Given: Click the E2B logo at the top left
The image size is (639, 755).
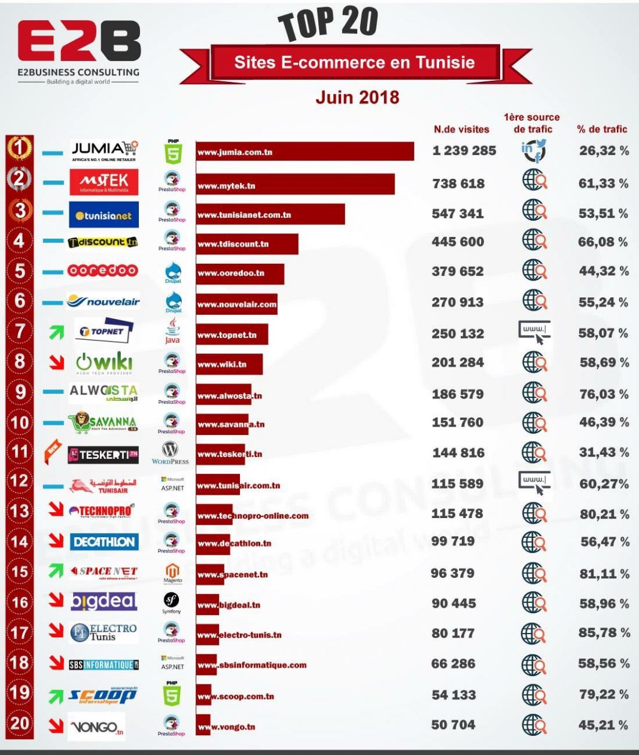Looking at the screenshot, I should click(x=78, y=51).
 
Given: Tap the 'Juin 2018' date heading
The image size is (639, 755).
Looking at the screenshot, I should click(x=357, y=97).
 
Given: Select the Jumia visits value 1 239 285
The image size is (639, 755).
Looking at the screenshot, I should click(x=464, y=151).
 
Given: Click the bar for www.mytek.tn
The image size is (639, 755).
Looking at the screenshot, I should click(x=296, y=185).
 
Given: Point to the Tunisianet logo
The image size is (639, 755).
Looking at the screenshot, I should click(x=104, y=215).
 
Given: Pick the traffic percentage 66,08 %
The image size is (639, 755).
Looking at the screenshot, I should click(x=603, y=242).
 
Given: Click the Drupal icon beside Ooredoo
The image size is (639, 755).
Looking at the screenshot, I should click(x=173, y=272).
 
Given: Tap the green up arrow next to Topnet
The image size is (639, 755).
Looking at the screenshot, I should click(x=56, y=331).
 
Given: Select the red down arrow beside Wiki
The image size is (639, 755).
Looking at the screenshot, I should click(x=57, y=361).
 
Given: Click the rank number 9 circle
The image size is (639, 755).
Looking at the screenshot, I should click(x=20, y=392).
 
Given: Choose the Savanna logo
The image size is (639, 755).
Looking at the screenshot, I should click(x=103, y=422).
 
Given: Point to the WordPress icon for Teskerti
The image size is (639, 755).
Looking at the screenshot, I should click(x=171, y=452).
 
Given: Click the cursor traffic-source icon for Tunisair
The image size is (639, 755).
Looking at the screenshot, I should click(x=534, y=483).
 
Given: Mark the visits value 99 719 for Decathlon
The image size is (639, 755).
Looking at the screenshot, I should click(x=453, y=541).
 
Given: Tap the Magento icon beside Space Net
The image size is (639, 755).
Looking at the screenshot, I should click(x=172, y=573).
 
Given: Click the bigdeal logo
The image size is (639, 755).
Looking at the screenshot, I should click(x=104, y=601).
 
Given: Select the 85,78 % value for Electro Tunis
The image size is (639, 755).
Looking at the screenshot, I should click(x=604, y=632).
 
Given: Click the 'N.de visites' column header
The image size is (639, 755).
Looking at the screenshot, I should click(x=461, y=129).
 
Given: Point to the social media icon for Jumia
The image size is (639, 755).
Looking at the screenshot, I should click(x=533, y=151).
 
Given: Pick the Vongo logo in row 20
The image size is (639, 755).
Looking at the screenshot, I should click(x=96, y=727).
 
